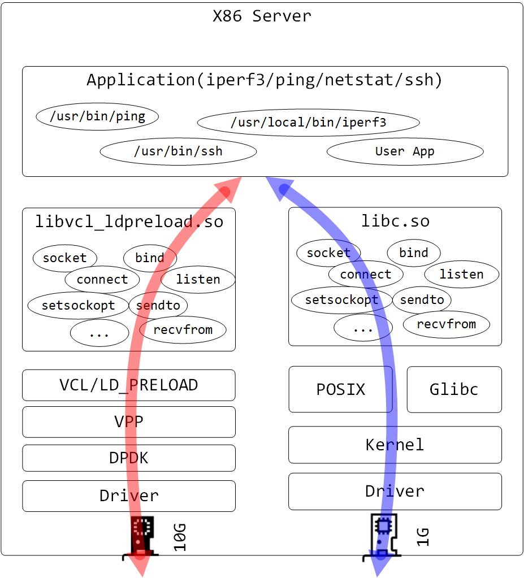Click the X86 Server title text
pos(262,16)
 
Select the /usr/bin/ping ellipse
pos(97,117)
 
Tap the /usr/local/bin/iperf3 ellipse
pos(308,123)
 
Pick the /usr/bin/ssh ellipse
pos(178,151)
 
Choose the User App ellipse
pos(405,151)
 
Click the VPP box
pos(129,421)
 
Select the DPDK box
pos(129,458)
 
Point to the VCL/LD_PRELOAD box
pos(129,385)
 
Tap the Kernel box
pos(395,445)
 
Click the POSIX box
pos(340,390)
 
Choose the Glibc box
pos(454,390)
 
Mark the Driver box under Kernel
pos(395,491)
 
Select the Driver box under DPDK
pos(129,496)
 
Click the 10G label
pos(180,537)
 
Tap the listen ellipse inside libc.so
pos(461,275)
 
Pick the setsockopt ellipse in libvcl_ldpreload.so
pos(78,306)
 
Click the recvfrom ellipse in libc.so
pos(446,324)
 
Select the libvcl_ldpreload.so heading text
pos(129,221)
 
